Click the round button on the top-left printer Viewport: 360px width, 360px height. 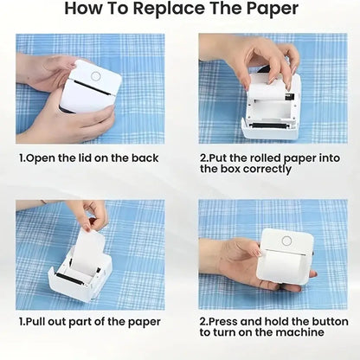click(x=95, y=75)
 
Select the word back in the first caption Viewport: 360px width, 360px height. click(x=145, y=158)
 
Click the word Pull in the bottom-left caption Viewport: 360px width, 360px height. click(x=38, y=321)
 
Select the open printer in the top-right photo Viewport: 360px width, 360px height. click(x=271, y=108)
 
